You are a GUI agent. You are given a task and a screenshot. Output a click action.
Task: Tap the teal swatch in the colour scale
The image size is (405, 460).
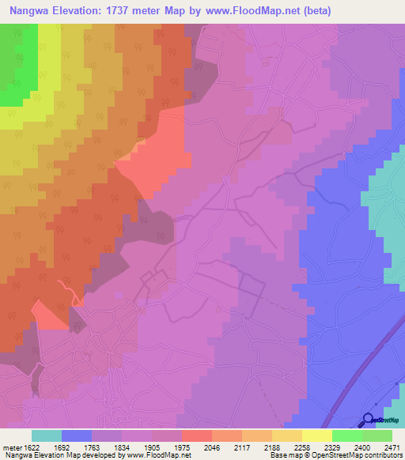47,435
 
